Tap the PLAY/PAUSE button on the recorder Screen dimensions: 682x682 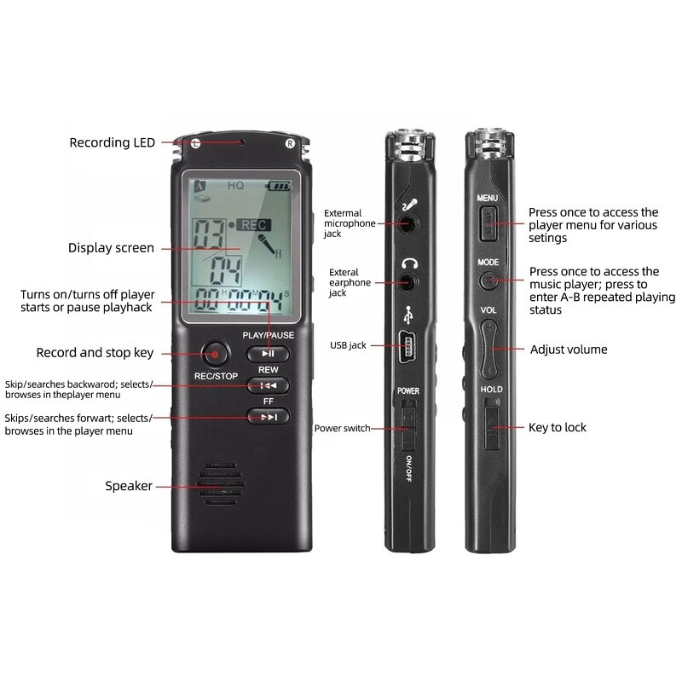268,353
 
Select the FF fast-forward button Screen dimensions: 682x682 268,417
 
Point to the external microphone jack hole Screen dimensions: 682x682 412,224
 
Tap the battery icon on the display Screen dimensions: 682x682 278,185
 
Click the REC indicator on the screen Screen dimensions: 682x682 252,224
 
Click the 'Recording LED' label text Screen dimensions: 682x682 113,142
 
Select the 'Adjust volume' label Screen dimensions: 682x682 569,349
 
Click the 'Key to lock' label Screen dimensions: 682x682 558,427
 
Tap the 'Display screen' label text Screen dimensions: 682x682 111,248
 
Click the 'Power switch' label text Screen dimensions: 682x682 341,428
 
